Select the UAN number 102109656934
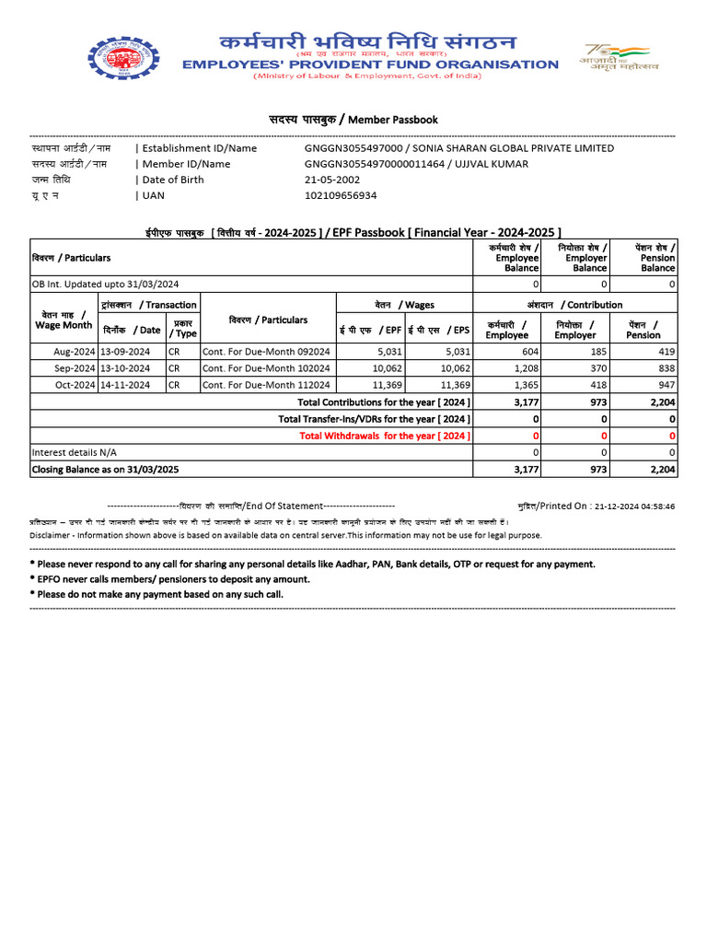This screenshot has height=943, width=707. (x=341, y=195)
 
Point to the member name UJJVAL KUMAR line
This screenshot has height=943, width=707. (x=416, y=164)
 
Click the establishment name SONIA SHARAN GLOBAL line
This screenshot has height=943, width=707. (x=458, y=148)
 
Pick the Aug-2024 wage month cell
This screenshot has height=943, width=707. (x=74, y=352)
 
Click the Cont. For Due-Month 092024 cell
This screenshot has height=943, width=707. (x=266, y=352)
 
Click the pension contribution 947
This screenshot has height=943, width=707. (x=666, y=385)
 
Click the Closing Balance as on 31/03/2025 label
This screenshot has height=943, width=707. (x=104, y=469)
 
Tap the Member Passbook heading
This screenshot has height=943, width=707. (x=353, y=120)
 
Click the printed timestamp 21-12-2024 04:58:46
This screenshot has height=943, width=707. (x=634, y=506)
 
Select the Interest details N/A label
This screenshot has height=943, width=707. (x=75, y=452)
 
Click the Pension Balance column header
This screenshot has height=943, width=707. (x=657, y=258)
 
